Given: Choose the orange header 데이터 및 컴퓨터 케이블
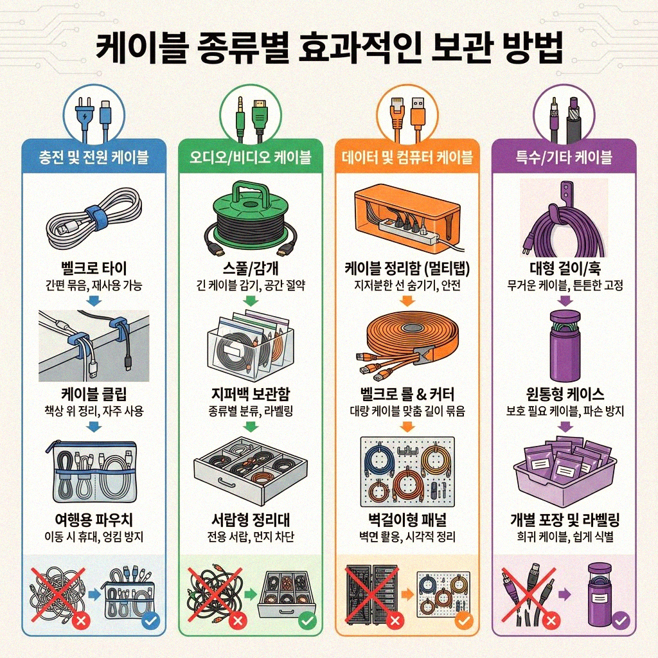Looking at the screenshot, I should [407, 156].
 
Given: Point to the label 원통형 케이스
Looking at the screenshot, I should [565, 394].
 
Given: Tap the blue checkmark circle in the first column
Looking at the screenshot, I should [149, 621].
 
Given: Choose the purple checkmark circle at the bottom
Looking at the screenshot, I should [621, 621].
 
